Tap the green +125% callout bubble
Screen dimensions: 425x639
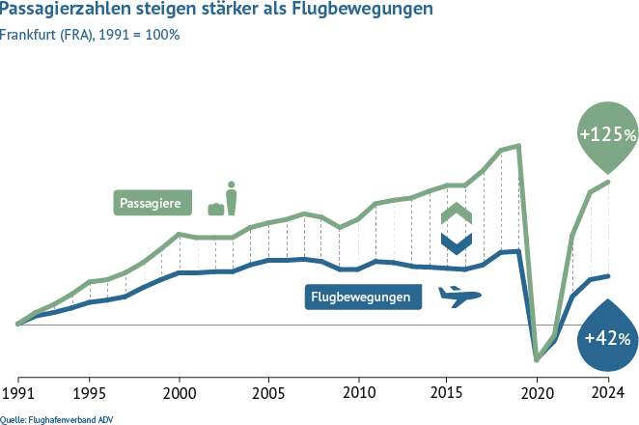click(x=607, y=133)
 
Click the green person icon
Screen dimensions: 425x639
click(x=231, y=197)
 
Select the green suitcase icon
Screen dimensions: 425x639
click(x=215, y=208)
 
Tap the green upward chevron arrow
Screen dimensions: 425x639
click(x=456, y=212)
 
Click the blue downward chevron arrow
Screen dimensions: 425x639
click(x=456, y=240)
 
